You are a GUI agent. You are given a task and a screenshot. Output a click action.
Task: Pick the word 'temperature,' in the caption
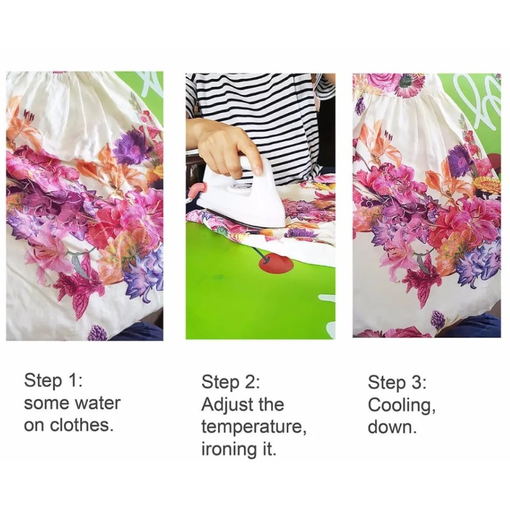click(254, 427)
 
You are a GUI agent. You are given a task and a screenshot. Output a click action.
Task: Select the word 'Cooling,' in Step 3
click(402, 405)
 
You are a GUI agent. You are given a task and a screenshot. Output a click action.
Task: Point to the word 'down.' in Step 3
click(392, 427)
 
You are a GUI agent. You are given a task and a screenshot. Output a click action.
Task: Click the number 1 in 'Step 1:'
click(72, 380)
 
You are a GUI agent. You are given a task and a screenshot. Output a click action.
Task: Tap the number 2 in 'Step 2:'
click(248, 382)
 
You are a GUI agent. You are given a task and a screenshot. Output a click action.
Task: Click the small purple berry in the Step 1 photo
click(97, 333)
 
